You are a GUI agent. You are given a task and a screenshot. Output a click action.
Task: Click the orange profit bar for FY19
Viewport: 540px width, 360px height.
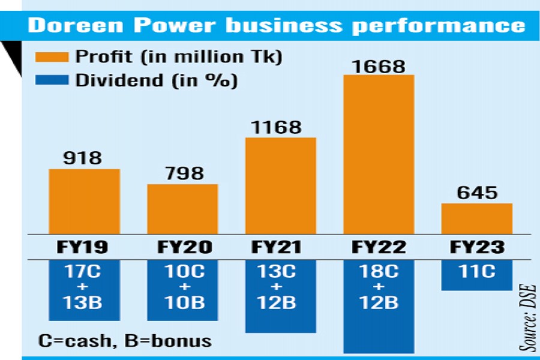pyautogui.click(x=85, y=202)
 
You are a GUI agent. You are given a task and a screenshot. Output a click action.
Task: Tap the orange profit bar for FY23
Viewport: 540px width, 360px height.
pyautogui.click(x=477, y=218)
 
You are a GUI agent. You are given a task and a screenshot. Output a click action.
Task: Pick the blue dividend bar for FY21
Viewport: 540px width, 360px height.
pyautogui.click(x=281, y=296)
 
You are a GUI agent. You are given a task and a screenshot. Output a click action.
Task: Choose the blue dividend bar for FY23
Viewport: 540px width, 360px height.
pyautogui.click(x=477, y=275)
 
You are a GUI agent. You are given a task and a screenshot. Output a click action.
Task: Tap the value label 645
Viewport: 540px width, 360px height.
pyautogui.click(x=477, y=193)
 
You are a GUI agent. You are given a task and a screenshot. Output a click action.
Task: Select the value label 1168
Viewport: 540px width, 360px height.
pyautogui.click(x=281, y=127)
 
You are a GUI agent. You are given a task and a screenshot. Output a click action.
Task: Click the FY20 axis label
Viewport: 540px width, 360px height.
pyautogui.click(x=183, y=247)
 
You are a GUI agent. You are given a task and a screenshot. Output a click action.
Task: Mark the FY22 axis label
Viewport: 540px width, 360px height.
pyautogui.click(x=379, y=247)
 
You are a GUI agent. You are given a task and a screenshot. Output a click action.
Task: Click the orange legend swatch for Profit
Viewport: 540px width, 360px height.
pyautogui.click(x=52, y=58)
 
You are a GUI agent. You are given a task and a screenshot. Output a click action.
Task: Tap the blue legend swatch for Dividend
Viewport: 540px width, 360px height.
pyautogui.click(x=52, y=80)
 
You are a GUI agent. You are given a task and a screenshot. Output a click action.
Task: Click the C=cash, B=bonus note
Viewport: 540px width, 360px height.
pyautogui.click(x=125, y=341)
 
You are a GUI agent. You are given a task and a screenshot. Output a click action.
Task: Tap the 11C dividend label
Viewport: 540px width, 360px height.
pyautogui.click(x=477, y=271)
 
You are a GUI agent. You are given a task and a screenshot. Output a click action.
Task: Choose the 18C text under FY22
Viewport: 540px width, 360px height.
pyautogui.click(x=379, y=271)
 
